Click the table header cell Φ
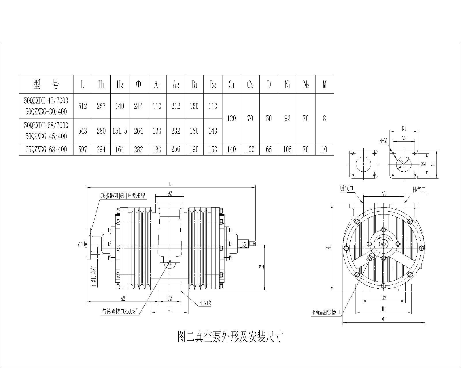(138, 84)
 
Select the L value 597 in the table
(82, 149)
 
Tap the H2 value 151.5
(120, 131)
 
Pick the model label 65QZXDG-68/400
(46, 149)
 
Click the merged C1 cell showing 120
(231, 118)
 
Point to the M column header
(324, 84)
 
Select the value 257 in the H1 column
(101, 106)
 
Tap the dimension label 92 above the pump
(169, 193)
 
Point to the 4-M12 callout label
(205, 303)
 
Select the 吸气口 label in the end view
(347, 189)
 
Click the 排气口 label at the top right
(419, 190)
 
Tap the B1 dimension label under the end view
(383, 309)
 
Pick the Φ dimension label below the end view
(383, 319)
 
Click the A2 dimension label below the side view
(123, 298)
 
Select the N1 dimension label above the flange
(404, 128)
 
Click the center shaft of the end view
(383, 244)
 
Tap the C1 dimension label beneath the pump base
(169, 309)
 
